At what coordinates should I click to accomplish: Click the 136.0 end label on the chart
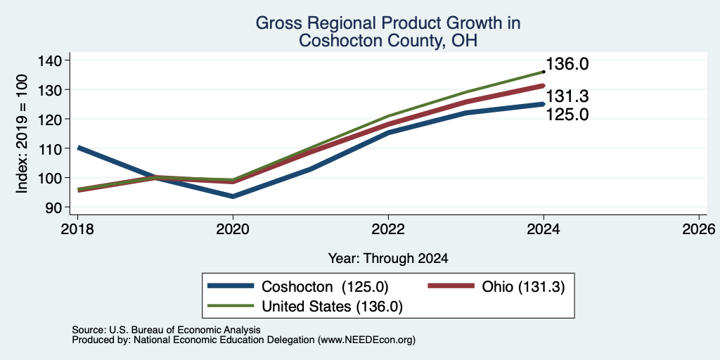pos(567,64)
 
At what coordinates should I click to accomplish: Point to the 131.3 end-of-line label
pos(567,97)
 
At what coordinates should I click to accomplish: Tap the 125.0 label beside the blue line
pos(567,115)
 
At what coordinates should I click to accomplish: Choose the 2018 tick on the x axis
pos(77,229)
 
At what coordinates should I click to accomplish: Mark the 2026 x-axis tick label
pos(699,229)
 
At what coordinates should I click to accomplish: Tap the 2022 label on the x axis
pos(388,229)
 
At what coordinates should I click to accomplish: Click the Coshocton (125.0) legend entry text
pos(325,287)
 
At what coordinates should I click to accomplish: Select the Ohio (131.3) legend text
pos(523,287)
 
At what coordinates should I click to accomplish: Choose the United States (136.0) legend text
pos(332,307)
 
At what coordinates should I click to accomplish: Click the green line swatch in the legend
pos(231,306)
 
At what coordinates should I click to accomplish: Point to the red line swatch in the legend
pos(451,286)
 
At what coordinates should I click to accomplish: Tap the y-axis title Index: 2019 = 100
pos(22,134)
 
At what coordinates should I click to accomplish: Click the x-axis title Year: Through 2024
pos(388,259)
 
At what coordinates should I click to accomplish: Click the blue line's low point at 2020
pos(233,197)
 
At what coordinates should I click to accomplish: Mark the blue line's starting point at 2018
pos(78,148)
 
